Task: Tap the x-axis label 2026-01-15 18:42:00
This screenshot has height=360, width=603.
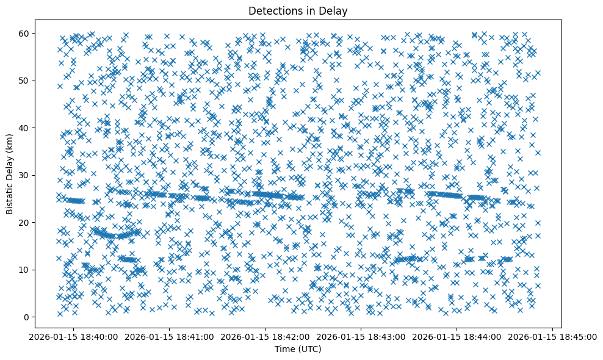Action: pos(265,336)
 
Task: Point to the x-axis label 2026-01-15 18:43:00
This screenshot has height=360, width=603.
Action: pos(361,336)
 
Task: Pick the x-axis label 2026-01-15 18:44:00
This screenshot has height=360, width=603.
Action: pos(457,336)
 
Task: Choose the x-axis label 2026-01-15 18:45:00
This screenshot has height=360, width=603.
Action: pos(553,336)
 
